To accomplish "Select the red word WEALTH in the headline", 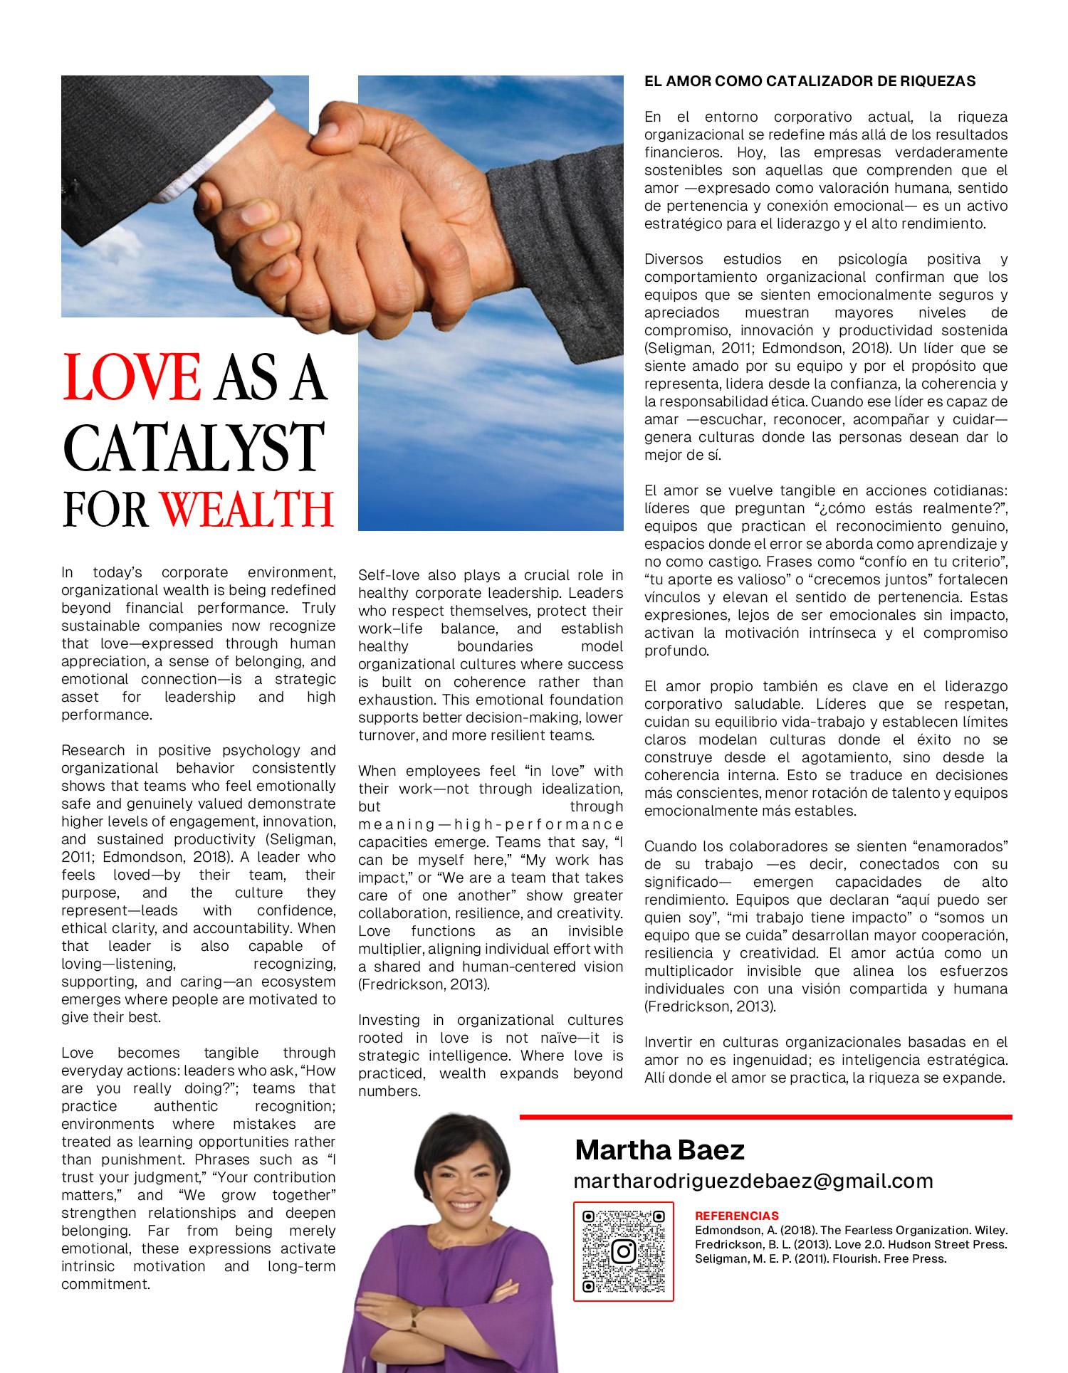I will (247, 508).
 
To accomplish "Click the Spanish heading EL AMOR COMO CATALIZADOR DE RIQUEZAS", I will (810, 82).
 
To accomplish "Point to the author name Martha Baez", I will (659, 1150).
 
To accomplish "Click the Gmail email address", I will (753, 1181).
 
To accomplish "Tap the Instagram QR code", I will (623, 1251).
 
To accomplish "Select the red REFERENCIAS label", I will (736, 1216).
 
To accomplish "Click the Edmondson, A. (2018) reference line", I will (851, 1230).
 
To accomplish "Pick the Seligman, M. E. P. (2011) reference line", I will (820, 1258).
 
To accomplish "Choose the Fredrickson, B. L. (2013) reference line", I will (851, 1244).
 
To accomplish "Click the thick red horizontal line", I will (765, 1117).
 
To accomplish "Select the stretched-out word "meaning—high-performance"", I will (490, 824).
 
